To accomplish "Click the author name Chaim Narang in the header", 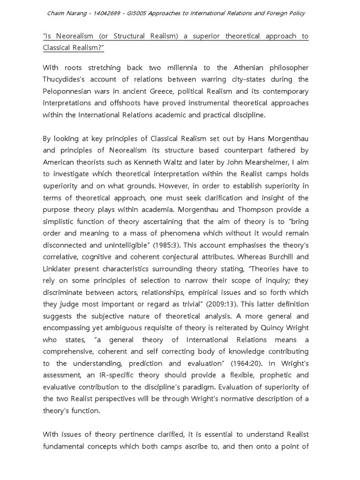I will click(67, 13).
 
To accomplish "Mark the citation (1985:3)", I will click(183, 245).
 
